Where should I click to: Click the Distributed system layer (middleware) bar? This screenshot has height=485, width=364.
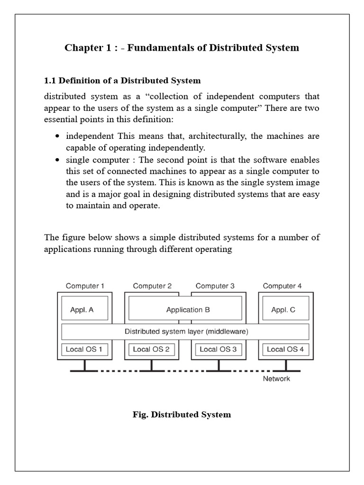(185, 332)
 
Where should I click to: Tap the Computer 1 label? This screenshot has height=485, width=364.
(85, 286)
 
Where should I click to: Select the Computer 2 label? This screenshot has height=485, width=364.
(152, 286)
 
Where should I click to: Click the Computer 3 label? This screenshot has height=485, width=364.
(215, 286)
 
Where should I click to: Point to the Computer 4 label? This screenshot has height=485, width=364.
(282, 286)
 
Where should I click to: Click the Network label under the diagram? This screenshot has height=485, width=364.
(277, 379)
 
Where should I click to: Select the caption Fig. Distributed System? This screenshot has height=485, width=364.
(182, 415)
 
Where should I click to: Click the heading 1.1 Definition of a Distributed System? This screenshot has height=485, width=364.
(122, 81)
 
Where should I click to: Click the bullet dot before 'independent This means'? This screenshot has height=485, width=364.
(57, 136)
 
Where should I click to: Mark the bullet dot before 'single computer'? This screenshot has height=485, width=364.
(57, 160)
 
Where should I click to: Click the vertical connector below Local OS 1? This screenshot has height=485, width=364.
(85, 365)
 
